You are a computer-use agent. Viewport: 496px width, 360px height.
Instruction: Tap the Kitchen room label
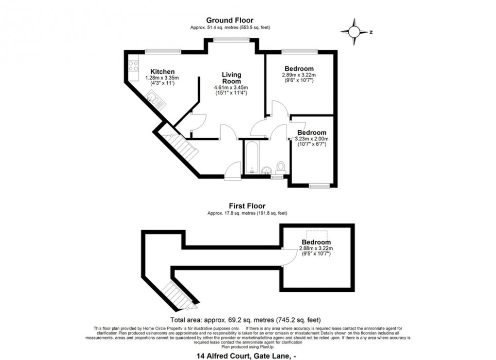pyautogui.click(x=162, y=72)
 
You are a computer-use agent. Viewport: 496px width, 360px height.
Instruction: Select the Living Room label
pyautogui.click(x=231, y=78)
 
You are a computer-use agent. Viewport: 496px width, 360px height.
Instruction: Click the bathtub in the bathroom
pyautogui.click(x=251, y=158)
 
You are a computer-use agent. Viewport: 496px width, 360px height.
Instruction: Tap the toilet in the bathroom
pyautogui.click(x=281, y=168)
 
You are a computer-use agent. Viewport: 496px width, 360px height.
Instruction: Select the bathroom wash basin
pyautogui.click(x=266, y=170)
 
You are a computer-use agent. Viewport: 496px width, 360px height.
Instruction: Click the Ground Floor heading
pyautogui.click(x=230, y=20)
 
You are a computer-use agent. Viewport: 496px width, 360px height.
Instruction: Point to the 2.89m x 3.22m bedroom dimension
pyautogui.click(x=299, y=75)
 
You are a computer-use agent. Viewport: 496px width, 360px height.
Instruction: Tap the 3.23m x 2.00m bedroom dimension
pyautogui.click(x=312, y=139)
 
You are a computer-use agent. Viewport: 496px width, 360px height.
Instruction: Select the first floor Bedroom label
pyautogui.click(x=316, y=242)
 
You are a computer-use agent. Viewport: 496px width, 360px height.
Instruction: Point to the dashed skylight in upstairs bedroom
pyautogui.click(x=316, y=233)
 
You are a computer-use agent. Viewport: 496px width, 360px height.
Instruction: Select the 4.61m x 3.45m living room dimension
pyautogui.click(x=231, y=88)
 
